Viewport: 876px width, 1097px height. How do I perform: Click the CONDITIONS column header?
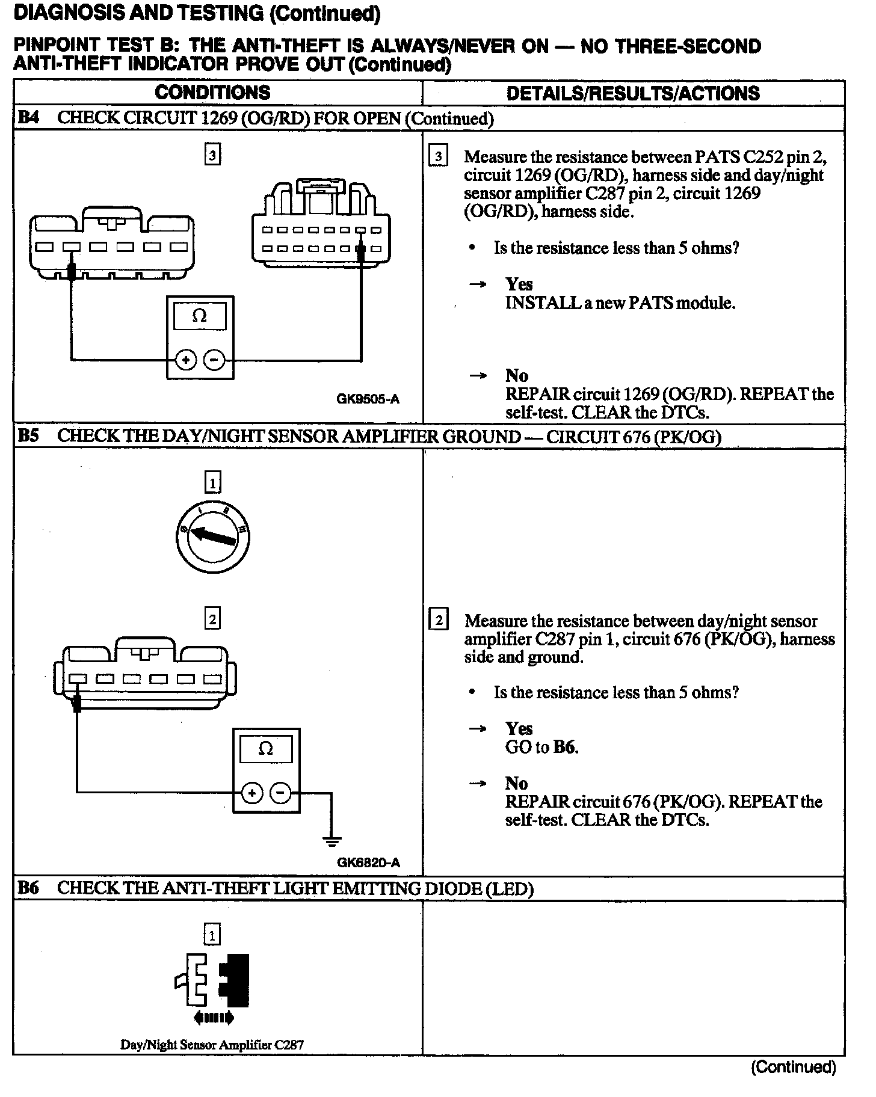tap(212, 93)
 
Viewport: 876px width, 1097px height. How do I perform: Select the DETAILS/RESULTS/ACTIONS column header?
tap(633, 93)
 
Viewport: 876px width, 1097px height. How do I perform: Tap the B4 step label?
tap(28, 118)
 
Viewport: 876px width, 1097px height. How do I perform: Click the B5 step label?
tap(28, 436)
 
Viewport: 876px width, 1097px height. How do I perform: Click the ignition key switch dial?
tap(213, 536)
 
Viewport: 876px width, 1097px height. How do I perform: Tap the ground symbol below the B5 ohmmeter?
tap(332, 840)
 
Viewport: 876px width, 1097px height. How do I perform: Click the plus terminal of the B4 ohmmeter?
tap(186, 360)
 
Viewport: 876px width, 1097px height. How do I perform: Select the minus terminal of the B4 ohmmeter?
tap(214, 360)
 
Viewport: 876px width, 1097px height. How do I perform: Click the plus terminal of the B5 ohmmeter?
tap(252, 793)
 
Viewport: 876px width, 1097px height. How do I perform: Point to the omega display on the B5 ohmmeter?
tap(265, 749)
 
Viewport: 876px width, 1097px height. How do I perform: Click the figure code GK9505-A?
tap(368, 399)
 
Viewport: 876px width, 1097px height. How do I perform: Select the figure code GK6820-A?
tap(368, 862)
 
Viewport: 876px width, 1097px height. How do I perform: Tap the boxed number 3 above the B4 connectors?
tap(212, 155)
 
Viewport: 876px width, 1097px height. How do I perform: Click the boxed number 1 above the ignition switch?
tap(212, 482)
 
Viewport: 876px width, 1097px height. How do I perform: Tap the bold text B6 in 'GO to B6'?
tap(565, 748)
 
